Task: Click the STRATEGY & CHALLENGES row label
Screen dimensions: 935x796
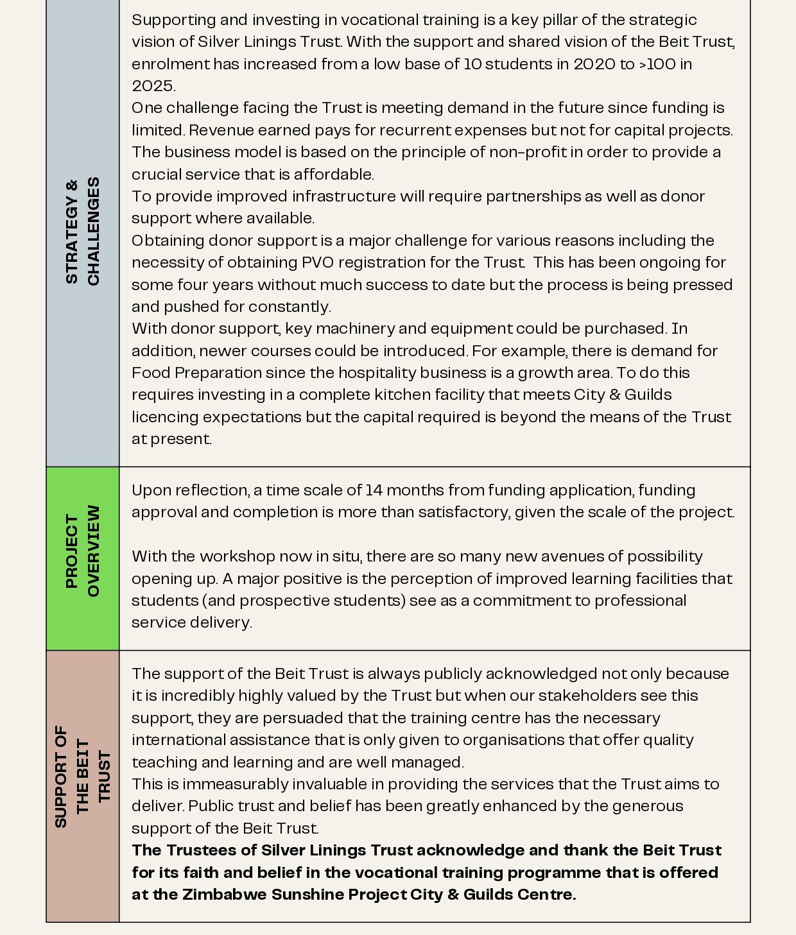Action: tap(82, 231)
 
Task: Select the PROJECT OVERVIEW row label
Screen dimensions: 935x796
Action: tap(82, 551)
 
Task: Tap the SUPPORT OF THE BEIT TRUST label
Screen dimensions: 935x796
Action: tap(82, 776)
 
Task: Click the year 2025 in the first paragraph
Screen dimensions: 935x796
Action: tap(152, 86)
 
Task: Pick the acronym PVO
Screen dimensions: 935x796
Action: tap(317, 262)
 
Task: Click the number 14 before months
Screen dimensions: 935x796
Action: tap(373, 490)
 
